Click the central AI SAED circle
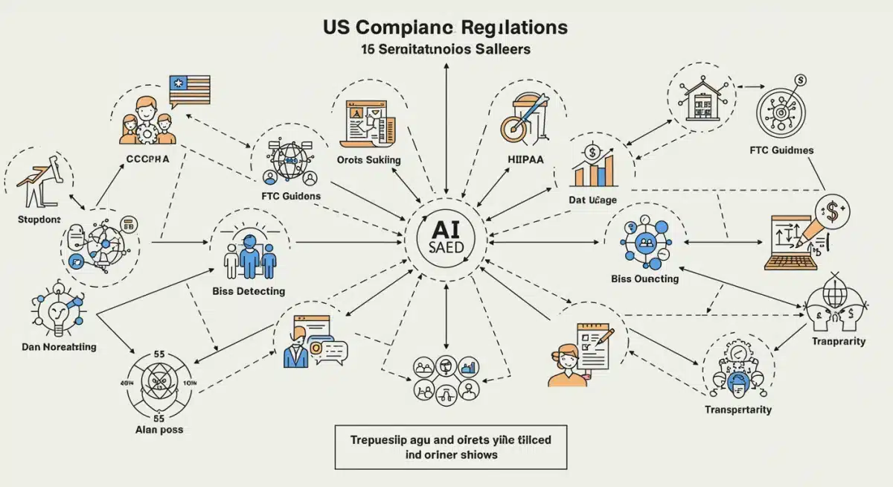[x=446, y=240]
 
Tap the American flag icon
[x=189, y=89]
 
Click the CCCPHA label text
[x=149, y=159]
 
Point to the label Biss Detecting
[x=249, y=291]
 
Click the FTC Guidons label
[x=291, y=196]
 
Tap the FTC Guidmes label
[x=781, y=150]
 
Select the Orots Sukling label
[x=368, y=159]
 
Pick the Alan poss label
[x=159, y=430]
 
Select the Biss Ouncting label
[x=644, y=278]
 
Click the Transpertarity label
[x=737, y=410]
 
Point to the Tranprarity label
[x=838, y=341]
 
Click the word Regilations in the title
[x=514, y=28]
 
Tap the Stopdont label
[x=38, y=220]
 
